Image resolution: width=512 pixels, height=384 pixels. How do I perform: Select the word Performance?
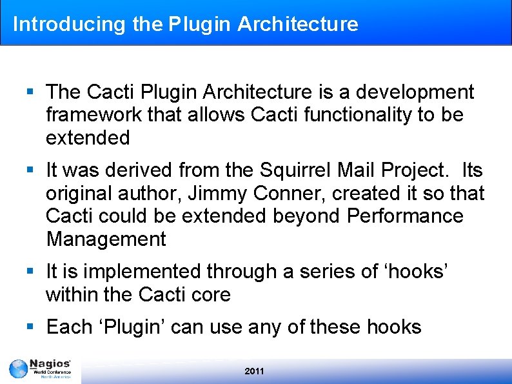tap(405, 216)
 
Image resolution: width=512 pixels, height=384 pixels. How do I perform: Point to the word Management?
tap(106, 239)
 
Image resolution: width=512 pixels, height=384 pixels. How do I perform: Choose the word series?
tap(326, 272)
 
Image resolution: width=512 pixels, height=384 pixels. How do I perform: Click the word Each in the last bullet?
tap(69, 327)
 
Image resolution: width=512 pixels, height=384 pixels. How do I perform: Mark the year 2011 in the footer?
tap(255, 371)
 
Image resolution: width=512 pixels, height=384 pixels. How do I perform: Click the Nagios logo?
tap(40, 370)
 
